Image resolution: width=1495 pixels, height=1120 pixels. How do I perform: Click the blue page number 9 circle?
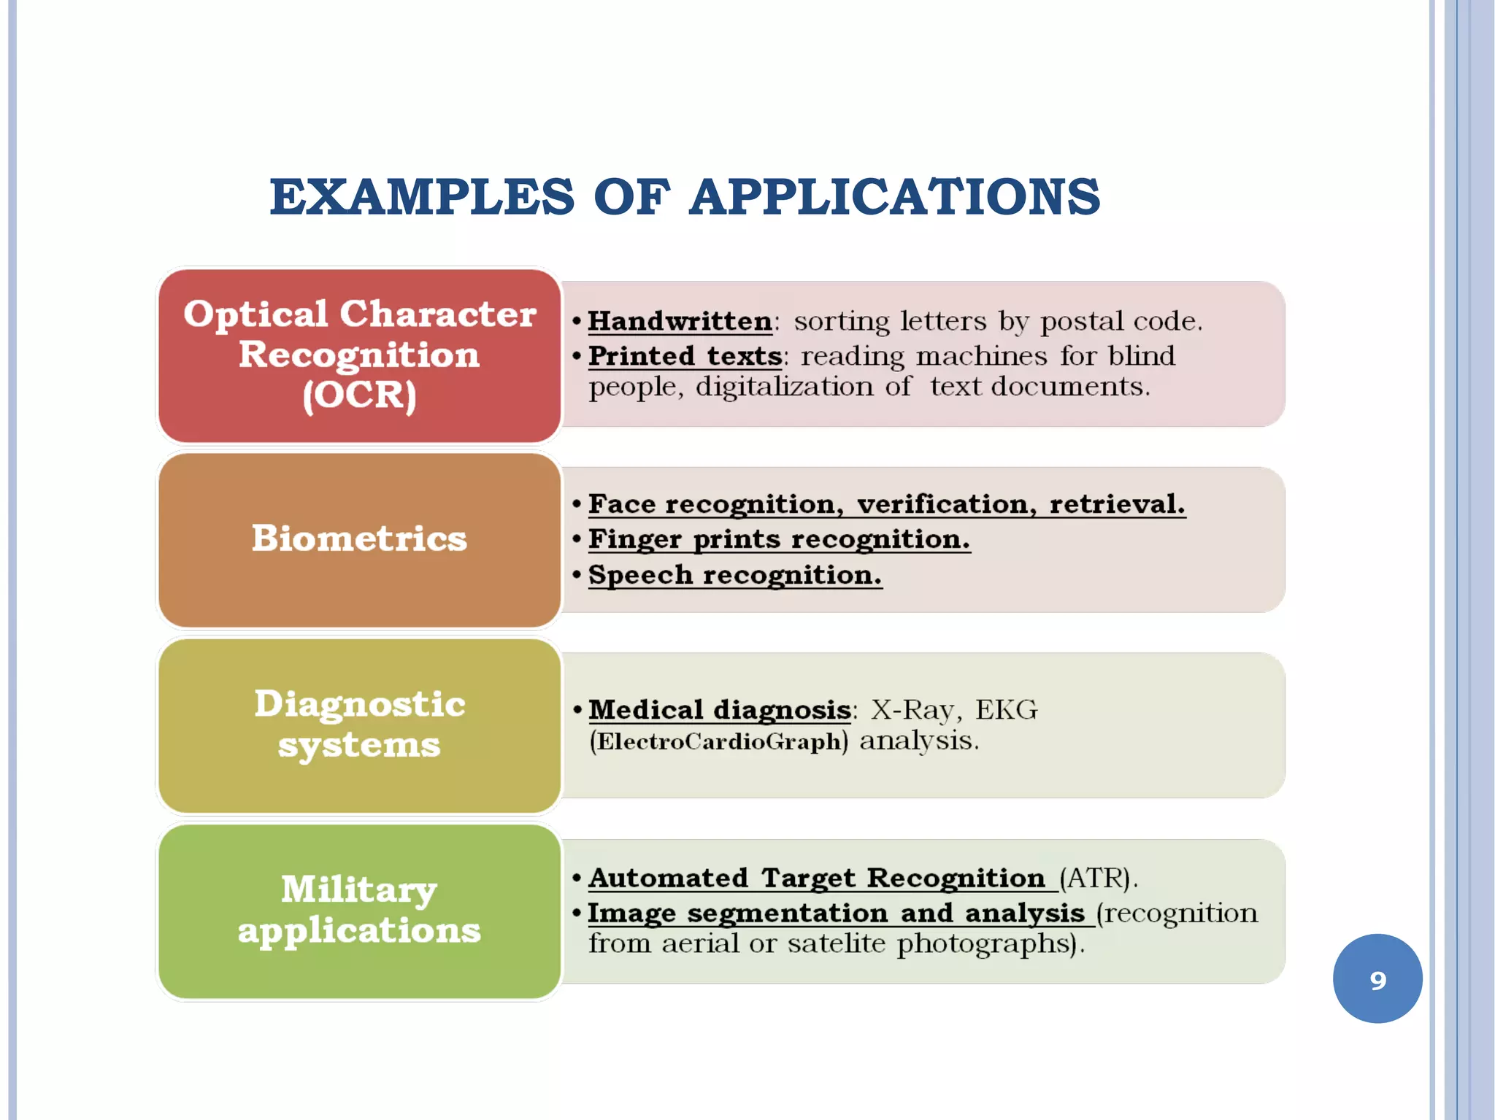[1377, 979]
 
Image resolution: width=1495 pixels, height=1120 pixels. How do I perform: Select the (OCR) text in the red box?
[359, 395]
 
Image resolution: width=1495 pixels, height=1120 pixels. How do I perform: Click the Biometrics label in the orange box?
[359, 538]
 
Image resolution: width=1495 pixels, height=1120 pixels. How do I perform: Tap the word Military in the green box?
[359, 890]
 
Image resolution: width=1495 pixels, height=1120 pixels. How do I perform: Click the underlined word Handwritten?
[680, 322]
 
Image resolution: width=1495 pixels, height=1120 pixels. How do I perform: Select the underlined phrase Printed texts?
[685, 357]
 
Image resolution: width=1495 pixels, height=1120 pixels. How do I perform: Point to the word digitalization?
[784, 387]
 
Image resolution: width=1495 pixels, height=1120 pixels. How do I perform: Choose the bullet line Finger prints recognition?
[779, 540]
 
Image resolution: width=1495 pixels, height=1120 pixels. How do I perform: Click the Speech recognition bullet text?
[735, 576]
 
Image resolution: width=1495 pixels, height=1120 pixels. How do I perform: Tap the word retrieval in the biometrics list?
[1116, 504]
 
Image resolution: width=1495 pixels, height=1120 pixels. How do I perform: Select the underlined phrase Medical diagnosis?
[720, 710]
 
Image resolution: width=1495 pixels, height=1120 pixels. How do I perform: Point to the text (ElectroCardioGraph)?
[719, 742]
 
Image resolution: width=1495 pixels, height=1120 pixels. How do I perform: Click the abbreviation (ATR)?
[1098, 878]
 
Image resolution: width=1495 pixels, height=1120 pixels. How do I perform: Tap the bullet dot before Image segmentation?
[577, 913]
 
